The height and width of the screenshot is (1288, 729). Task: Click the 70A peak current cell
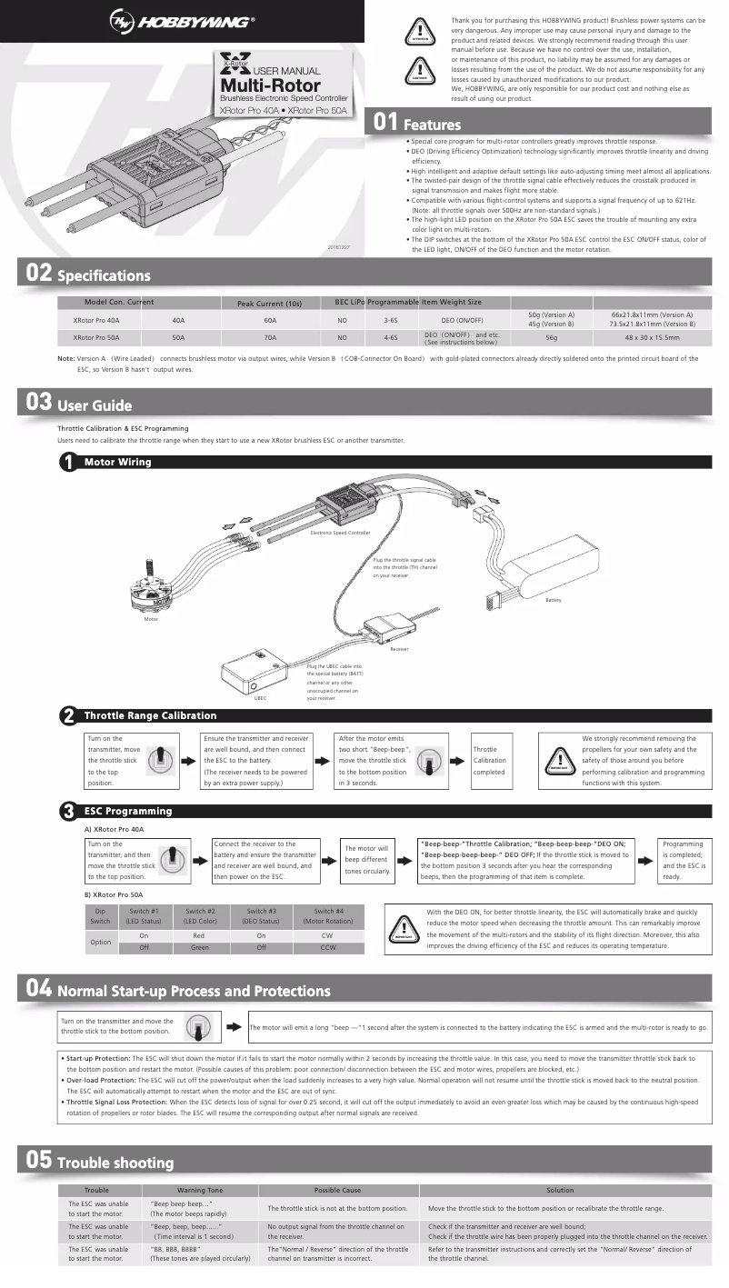tap(269, 337)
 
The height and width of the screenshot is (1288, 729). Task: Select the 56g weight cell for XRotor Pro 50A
tap(551, 337)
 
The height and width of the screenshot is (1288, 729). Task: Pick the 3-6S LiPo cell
tap(391, 320)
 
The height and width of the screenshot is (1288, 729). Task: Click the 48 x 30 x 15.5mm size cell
tap(652, 337)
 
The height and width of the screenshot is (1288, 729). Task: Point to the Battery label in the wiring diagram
tap(554, 600)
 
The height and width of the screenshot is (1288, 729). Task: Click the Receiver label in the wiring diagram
tap(398, 649)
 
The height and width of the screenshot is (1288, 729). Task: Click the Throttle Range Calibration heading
tap(150, 715)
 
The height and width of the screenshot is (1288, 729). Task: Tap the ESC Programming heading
tap(127, 810)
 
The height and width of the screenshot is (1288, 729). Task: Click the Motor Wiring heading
tap(117, 462)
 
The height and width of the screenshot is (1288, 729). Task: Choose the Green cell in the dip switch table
tap(200, 947)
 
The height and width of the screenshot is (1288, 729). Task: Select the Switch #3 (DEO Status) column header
tap(262, 916)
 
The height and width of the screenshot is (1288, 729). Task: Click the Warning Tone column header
tap(200, 1190)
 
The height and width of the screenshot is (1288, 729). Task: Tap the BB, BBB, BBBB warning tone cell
tap(200, 1254)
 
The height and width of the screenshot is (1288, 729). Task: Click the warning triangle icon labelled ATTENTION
tap(418, 30)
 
